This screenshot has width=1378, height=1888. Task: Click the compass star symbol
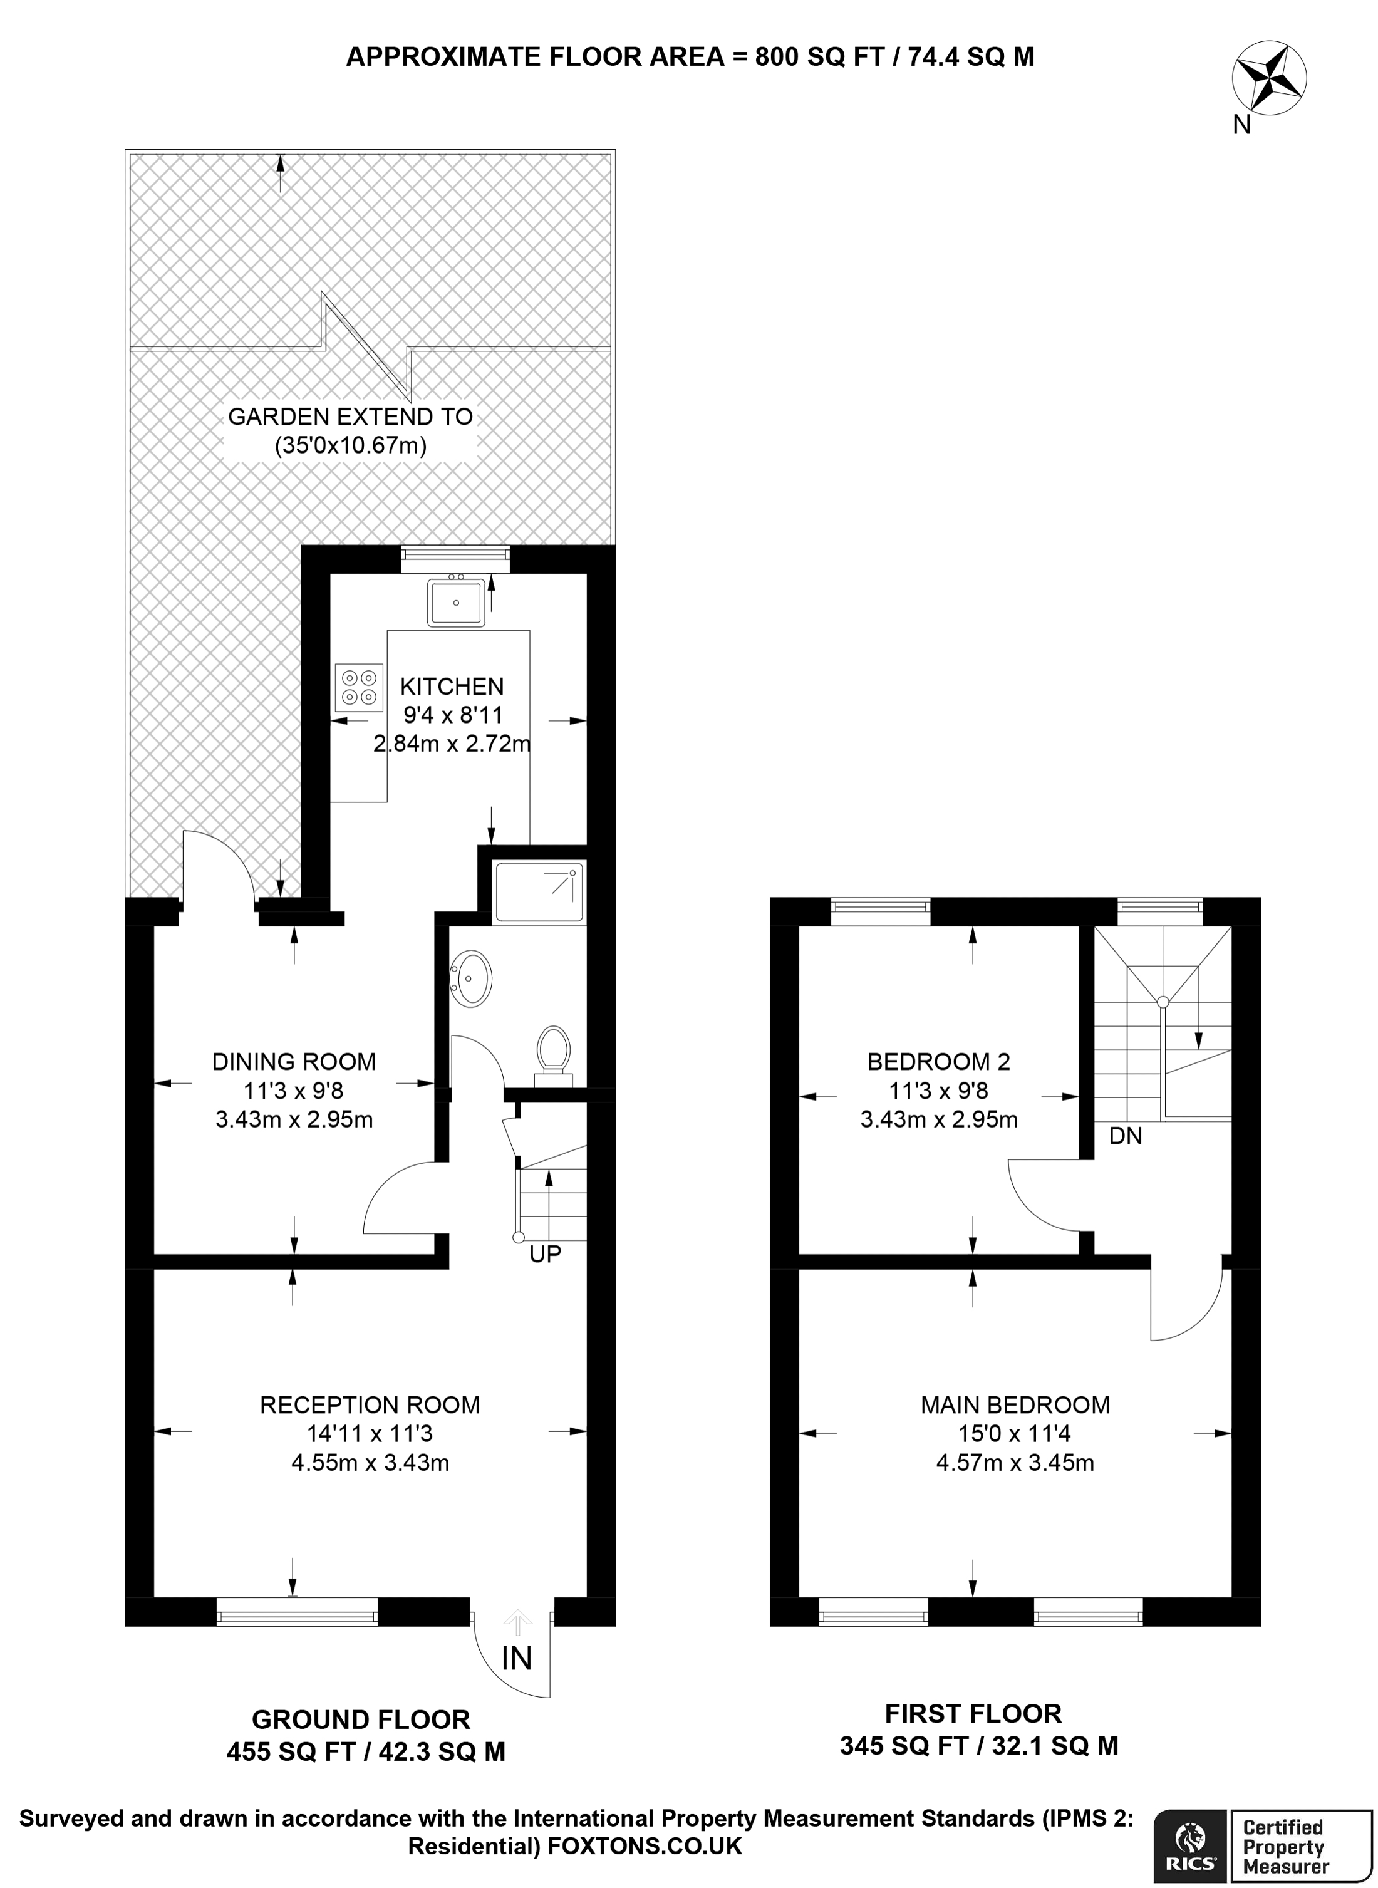click(1269, 80)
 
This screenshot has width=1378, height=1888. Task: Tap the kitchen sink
click(455, 603)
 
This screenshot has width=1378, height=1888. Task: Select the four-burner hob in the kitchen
click(359, 687)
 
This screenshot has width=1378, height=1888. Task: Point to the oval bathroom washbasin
click(472, 977)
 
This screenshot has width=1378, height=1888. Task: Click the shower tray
click(539, 893)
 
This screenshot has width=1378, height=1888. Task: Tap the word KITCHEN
click(452, 687)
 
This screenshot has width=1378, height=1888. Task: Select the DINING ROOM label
click(294, 1061)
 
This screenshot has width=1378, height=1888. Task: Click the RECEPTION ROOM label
click(370, 1405)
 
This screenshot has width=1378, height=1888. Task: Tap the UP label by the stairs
click(545, 1254)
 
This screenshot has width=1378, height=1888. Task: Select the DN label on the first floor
click(1125, 1136)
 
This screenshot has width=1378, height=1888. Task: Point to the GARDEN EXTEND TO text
click(350, 417)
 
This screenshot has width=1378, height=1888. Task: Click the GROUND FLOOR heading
click(361, 1719)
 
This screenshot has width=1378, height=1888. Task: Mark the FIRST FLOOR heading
click(973, 1714)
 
